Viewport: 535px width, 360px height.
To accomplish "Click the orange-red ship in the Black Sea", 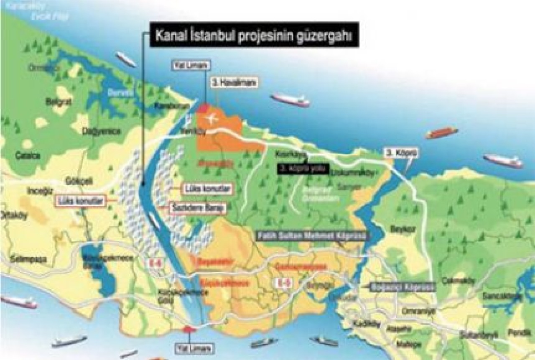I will [442, 133].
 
